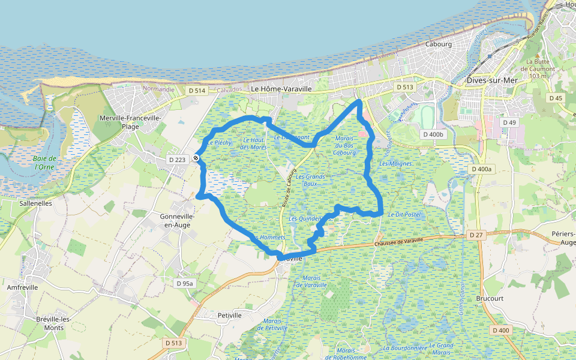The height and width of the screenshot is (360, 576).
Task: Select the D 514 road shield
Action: [x=196, y=91]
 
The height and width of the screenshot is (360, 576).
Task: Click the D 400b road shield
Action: [x=432, y=134]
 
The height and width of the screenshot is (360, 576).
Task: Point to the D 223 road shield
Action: [x=178, y=160]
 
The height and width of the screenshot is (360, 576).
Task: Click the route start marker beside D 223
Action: [x=196, y=158]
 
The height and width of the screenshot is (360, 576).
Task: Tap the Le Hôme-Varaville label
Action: [x=281, y=89]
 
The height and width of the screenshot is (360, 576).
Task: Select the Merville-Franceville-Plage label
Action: [x=130, y=122]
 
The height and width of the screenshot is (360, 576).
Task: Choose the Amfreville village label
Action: [x=22, y=287]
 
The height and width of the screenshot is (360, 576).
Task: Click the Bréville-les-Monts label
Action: [x=54, y=323]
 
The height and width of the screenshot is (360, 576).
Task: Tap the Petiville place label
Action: [x=230, y=315]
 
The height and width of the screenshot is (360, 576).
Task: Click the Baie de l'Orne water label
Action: [x=45, y=163]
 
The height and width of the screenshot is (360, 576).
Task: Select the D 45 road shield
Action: [x=556, y=98]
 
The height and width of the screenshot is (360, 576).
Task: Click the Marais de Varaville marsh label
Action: [x=315, y=281]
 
